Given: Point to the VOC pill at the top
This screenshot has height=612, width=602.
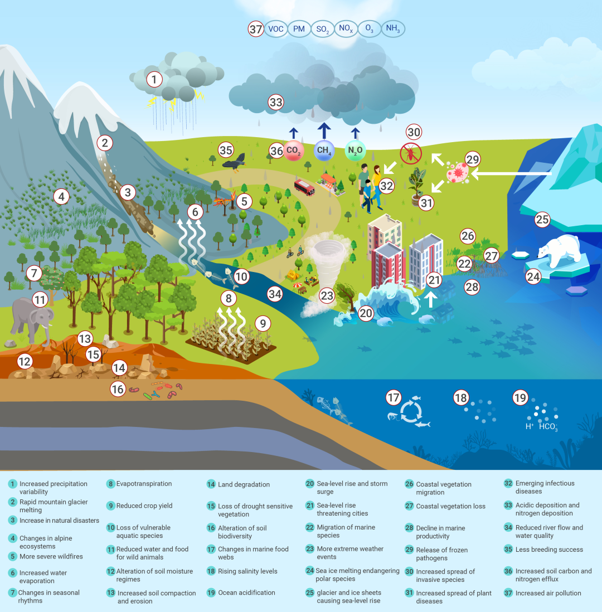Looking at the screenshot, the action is [x=276, y=29].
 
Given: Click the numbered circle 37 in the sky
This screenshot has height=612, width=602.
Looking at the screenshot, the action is [x=255, y=29].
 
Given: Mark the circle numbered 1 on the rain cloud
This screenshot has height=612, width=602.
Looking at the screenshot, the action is [x=153, y=79].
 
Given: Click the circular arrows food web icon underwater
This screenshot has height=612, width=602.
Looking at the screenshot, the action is [x=413, y=412].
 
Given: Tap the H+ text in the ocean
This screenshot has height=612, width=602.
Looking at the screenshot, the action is [x=530, y=426].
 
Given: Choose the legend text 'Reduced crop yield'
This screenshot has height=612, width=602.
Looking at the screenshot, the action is [x=144, y=506].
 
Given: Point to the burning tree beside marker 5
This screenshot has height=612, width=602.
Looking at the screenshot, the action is [x=229, y=201].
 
